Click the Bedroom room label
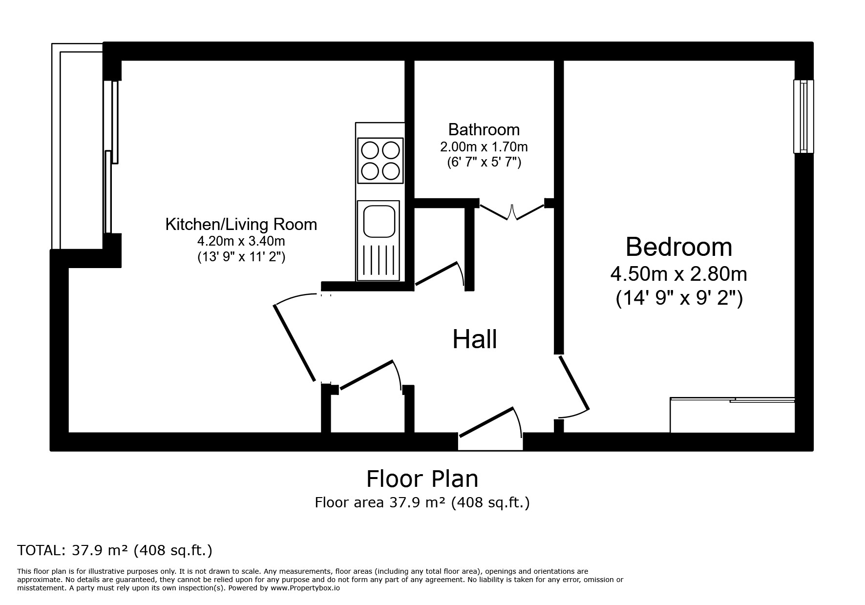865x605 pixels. click(678, 247)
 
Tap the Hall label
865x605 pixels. click(474, 339)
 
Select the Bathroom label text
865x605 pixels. click(484, 129)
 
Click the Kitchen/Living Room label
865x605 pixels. click(241, 225)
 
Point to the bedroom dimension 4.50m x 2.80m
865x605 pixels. click(678, 274)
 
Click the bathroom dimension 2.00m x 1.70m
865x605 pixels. click(484, 146)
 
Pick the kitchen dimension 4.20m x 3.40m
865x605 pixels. click(241, 241)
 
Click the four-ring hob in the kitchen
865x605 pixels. click(380, 161)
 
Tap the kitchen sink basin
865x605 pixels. click(379, 221)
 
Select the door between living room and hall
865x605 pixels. click(295, 342)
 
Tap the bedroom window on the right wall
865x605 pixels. click(803, 116)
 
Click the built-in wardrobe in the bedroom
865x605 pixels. click(732, 417)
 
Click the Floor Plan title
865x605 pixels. click(422, 479)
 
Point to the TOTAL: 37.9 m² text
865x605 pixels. click(115, 550)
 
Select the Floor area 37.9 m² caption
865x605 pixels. click(422, 502)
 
